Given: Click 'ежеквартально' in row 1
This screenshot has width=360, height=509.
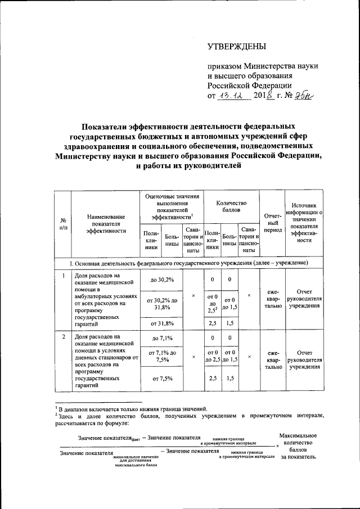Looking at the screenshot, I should tap(273, 300).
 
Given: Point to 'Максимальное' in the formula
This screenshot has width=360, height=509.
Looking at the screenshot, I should tap(298, 436).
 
